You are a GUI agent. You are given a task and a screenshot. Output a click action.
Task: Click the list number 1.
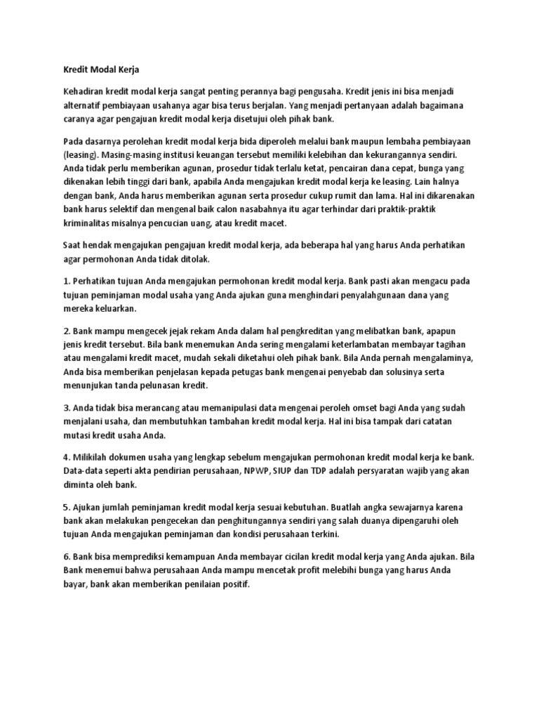[66, 282]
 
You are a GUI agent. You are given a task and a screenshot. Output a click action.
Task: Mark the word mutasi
[79, 435]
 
